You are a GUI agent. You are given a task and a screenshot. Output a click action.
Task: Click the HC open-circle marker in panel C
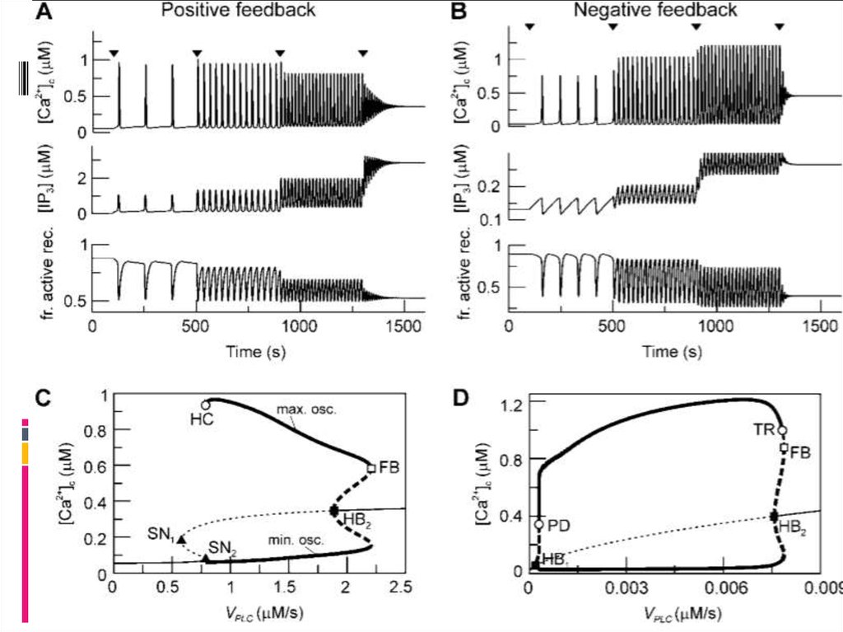coord(206,405)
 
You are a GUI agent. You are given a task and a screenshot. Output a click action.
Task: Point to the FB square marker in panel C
coord(372,468)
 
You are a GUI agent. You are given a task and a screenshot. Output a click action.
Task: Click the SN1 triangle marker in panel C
coord(181,538)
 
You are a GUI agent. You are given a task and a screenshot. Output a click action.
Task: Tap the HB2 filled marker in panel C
coord(333,511)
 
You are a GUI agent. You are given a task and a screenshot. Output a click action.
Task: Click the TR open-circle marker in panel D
coord(782,430)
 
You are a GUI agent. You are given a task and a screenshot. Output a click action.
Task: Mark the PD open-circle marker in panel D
coord(539,524)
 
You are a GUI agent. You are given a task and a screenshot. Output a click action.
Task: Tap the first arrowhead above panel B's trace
coord(529,27)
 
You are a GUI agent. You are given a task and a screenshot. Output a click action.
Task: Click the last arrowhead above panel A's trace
coord(363,54)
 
